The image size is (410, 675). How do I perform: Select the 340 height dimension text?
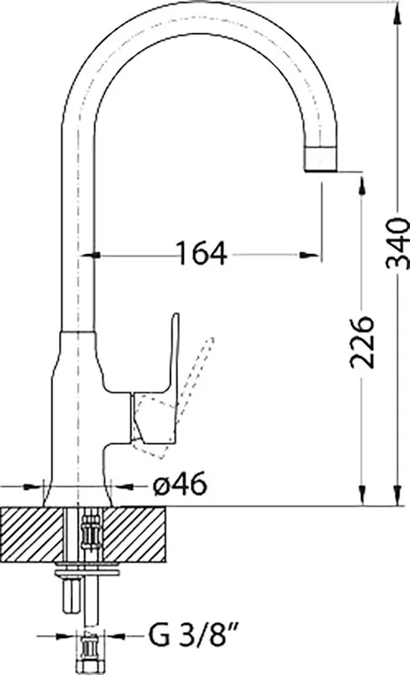[397, 243]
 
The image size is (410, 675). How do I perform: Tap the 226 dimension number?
[361, 343]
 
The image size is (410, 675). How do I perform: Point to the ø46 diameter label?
[180, 486]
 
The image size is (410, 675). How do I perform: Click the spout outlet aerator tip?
[321, 158]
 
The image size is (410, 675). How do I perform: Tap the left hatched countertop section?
[32, 534]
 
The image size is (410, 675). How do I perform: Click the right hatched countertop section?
[135, 534]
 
